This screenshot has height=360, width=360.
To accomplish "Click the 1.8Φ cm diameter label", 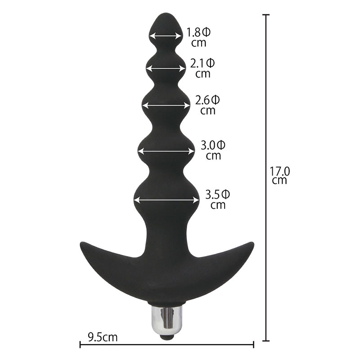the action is pos(198,37).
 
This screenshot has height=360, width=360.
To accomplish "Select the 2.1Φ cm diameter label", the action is pos(202,68).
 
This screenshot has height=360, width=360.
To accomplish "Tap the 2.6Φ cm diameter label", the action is pos(207,105).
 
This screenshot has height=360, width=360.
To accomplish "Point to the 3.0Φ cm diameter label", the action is pos(213,150).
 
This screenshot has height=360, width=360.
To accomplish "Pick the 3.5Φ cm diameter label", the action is pos(218,199).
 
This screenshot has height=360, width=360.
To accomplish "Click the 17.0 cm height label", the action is pos(279,175).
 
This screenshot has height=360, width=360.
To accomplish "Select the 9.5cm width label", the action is pos(103,337).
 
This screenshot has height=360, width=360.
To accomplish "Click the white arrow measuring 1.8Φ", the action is pos(166,36).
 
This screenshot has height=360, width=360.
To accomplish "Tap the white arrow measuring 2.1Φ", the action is pos(166,68).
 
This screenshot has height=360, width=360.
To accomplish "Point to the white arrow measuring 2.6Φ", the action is pos(166,105).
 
